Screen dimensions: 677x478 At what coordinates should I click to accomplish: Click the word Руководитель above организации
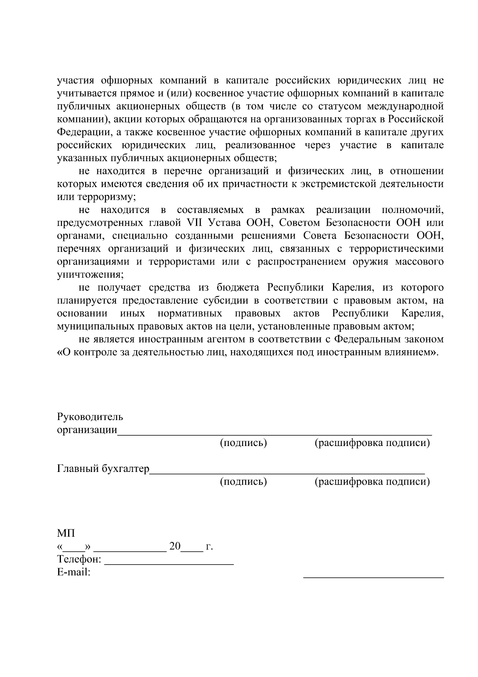click(x=90, y=417)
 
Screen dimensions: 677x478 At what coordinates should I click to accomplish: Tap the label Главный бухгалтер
click(x=103, y=468)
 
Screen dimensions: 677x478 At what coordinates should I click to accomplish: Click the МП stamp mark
click(x=66, y=533)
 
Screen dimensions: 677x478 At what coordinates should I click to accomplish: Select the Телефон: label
click(x=79, y=559)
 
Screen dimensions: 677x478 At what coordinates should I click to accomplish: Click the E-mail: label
click(x=74, y=572)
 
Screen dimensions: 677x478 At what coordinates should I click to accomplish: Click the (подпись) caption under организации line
click(x=243, y=443)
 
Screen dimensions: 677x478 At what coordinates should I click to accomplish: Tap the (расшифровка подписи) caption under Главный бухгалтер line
click(x=372, y=482)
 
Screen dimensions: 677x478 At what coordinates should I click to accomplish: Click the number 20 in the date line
click(x=175, y=546)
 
